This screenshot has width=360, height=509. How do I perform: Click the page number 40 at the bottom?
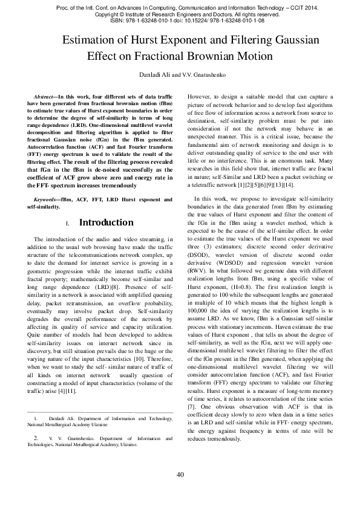coord(180,475)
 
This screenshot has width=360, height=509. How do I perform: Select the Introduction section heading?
coord(106,222)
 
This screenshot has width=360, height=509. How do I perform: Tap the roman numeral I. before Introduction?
coord(68,224)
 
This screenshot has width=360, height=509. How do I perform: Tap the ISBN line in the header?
coord(180,21)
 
